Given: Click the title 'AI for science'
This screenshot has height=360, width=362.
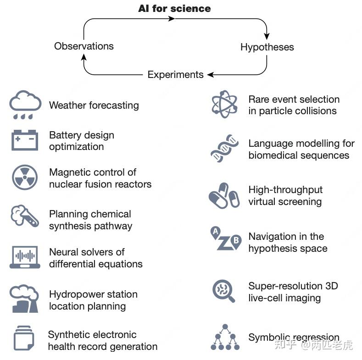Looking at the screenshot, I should [175, 8].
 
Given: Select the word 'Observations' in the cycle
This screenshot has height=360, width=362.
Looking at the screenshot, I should [84, 46].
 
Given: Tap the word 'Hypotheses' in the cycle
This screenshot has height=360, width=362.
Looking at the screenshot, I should [267, 47].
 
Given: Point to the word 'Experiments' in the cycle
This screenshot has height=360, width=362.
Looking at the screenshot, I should [175, 74].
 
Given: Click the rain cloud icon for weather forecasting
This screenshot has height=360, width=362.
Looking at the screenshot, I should [25, 105].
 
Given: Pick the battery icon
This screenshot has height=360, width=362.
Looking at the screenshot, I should [25, 140].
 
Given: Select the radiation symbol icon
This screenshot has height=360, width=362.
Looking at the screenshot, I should [25, 177].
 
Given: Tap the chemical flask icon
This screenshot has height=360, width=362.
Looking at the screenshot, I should [24, 216].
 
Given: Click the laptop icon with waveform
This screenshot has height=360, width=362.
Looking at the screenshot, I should [25, 257].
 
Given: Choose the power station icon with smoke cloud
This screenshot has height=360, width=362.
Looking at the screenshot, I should [24, 299].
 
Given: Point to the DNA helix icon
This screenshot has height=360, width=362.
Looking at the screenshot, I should [225, 149].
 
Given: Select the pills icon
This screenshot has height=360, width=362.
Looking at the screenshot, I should [224, 195].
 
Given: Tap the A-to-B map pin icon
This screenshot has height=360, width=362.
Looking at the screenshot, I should [225, 239].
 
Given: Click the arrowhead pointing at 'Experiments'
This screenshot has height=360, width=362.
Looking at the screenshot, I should [210, 74].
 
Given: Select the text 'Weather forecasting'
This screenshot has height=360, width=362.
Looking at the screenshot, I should [94, 105].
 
